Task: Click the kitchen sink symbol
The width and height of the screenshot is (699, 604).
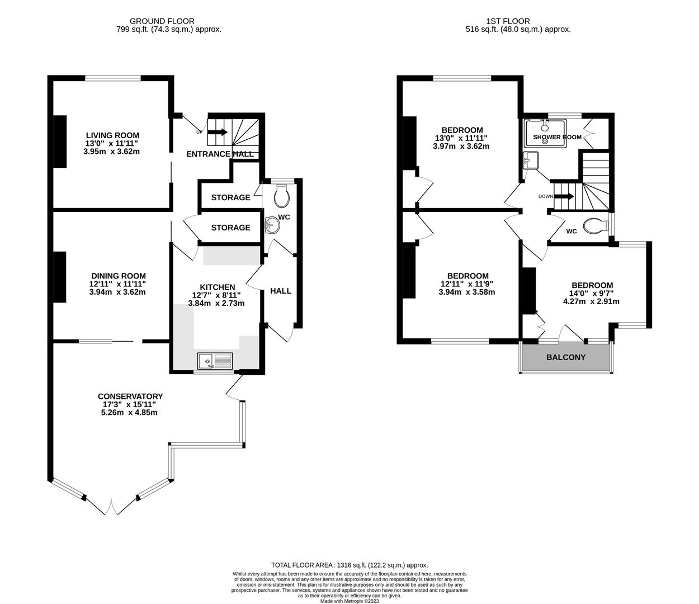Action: tap(215, 361)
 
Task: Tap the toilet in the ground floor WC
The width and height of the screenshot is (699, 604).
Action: tap(282, 196)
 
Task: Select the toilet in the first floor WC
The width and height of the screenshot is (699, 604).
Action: tap(594, 226)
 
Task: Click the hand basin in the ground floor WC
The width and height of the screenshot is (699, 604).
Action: tap(272, 225)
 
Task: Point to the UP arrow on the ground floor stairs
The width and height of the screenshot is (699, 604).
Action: tap(218, 133)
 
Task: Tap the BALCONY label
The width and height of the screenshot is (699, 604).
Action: tap(565, 357)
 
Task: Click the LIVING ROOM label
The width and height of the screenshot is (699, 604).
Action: tap(112, 135)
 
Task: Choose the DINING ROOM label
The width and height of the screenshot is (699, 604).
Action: tap(119, 276)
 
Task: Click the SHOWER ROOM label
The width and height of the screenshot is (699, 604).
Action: tap(557, 137)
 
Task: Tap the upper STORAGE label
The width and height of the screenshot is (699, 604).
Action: tap(230, 197)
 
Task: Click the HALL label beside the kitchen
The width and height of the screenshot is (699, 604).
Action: tap(281, 291)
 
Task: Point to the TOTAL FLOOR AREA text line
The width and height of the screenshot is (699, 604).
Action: tap(349, 565)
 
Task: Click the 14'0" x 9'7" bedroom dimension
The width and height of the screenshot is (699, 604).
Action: tap(591, 293)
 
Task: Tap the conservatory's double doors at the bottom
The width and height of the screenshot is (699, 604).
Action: tap(111, 507)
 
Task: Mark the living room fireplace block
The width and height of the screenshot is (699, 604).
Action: tap(59, 141)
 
